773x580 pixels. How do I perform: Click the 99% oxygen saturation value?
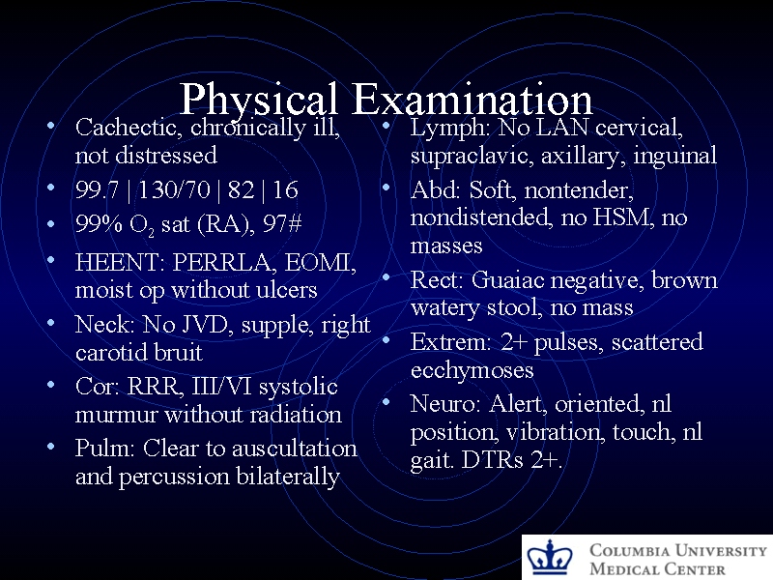point(97,224)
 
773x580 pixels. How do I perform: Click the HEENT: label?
point(120,262)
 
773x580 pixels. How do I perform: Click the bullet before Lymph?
point(386,127)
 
